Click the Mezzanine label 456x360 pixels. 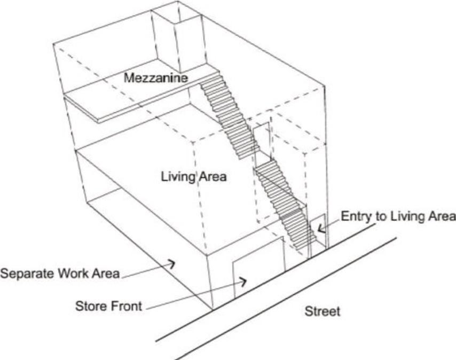pos(155,78)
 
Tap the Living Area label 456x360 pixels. pos(193,176)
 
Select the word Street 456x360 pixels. pos(322,311)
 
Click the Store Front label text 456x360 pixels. pos(108,306)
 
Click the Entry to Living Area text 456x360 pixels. pos(398,216)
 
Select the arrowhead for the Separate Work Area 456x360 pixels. pos(171,263)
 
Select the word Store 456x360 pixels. pos(90,306)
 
